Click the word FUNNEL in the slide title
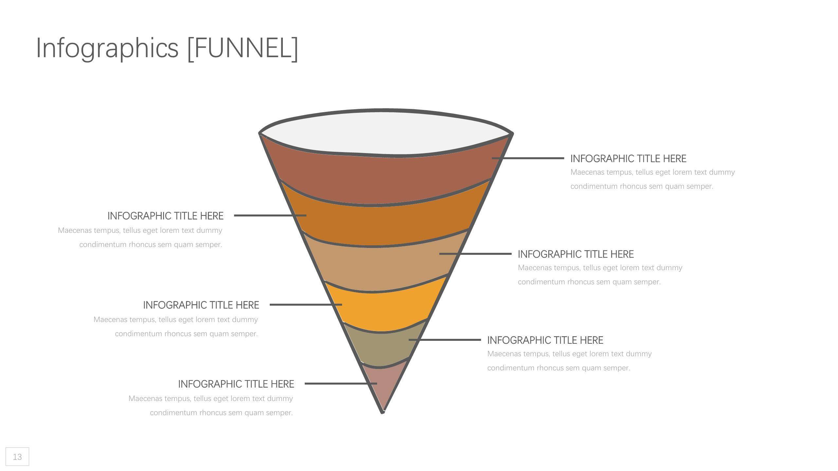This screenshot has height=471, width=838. [243, 48]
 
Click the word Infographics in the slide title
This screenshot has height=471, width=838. [107, 48]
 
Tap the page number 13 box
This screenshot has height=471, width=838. [17, 457]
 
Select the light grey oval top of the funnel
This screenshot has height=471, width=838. [386, 132]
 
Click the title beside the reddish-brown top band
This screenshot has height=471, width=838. [628, 159]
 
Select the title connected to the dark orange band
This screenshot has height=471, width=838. [166, 216]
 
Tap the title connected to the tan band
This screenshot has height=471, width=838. [576, 254]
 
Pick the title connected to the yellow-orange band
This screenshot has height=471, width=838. [201, 305]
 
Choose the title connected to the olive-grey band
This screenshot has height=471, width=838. [545, 340]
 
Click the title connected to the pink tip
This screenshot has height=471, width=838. [236, 384]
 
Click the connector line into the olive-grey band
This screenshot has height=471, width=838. [445, 340]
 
